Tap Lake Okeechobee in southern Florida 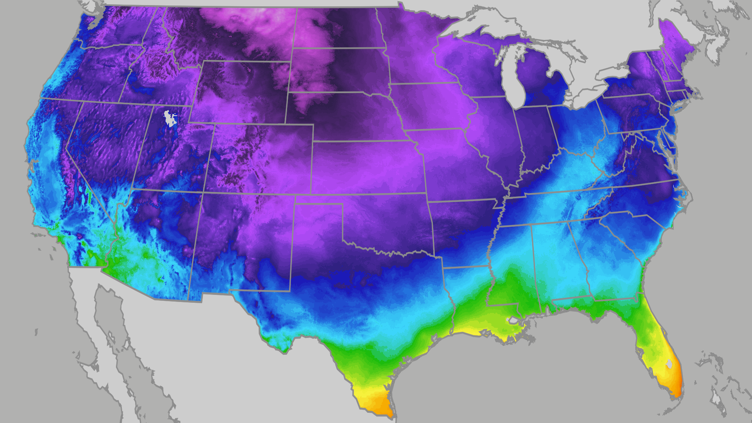pyautogui.click(x=669, y=364)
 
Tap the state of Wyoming pyautogui.click(x=239, y=92)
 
